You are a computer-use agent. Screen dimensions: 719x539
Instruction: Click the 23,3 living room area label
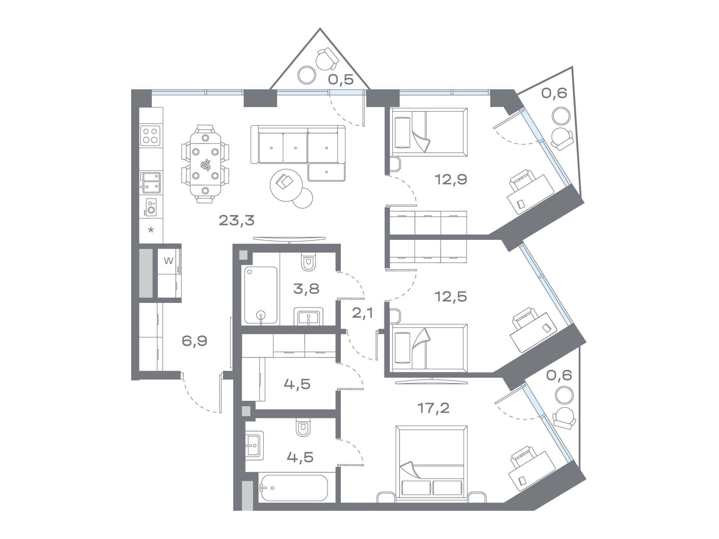point(236,220)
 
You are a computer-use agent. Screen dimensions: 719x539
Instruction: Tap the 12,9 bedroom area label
point(451,179)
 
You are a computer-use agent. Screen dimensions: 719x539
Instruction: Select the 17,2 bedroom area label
point(433,408)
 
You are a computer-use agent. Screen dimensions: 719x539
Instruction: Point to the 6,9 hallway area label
point(194,341)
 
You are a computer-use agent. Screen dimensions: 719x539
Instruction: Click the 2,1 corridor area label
point(362,312)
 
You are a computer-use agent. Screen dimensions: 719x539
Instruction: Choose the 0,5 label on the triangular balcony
point(341,79)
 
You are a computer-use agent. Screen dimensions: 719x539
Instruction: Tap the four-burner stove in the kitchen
point(151,135)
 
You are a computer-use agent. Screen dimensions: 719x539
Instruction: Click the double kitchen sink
point(150,183)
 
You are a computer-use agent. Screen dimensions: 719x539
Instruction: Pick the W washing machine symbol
point(169,261)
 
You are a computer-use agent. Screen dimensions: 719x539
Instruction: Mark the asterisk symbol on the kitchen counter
point(151,229)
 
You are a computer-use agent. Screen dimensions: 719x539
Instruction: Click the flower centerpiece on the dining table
point(205,165)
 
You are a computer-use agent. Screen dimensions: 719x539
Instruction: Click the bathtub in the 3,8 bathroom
point(261,295)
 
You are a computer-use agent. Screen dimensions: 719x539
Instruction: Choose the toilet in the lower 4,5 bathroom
point(303,428)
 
